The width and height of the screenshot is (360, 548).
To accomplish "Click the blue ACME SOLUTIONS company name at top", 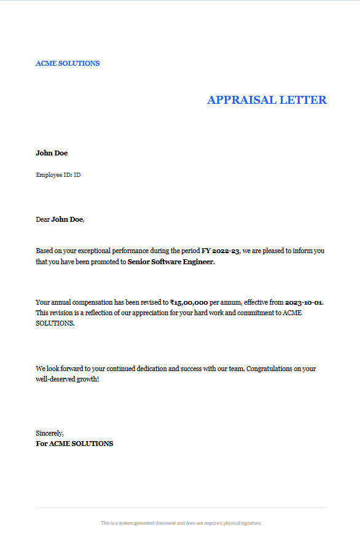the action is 68,63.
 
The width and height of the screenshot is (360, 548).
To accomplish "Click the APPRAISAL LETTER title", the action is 267,100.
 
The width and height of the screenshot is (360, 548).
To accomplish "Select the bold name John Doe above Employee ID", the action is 52,153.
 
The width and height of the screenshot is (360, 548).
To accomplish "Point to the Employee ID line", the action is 58,175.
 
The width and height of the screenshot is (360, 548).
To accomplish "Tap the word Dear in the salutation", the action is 42,219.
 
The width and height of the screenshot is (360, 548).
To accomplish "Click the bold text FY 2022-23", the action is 221,251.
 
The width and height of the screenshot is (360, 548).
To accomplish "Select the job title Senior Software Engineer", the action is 171,262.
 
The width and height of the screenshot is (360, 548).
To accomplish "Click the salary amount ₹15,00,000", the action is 189,302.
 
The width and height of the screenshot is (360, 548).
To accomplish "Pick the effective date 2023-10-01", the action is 304,302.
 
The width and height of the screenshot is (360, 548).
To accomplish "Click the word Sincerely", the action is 50,433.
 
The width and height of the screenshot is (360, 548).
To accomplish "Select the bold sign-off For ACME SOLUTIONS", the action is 74,444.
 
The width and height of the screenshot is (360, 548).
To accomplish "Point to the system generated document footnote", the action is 181,523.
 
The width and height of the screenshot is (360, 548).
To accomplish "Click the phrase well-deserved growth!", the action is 68,379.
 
